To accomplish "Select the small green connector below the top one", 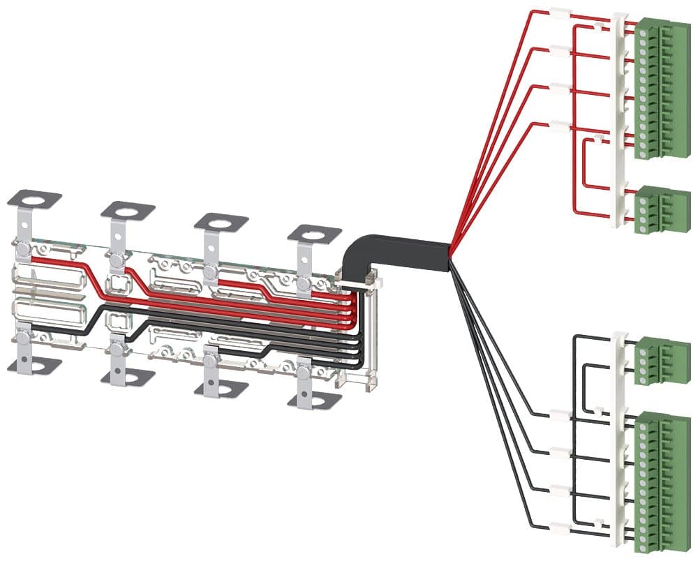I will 655,208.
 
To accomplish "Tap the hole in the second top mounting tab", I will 128,211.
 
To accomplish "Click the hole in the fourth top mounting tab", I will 314,235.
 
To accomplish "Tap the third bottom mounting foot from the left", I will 221,388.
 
